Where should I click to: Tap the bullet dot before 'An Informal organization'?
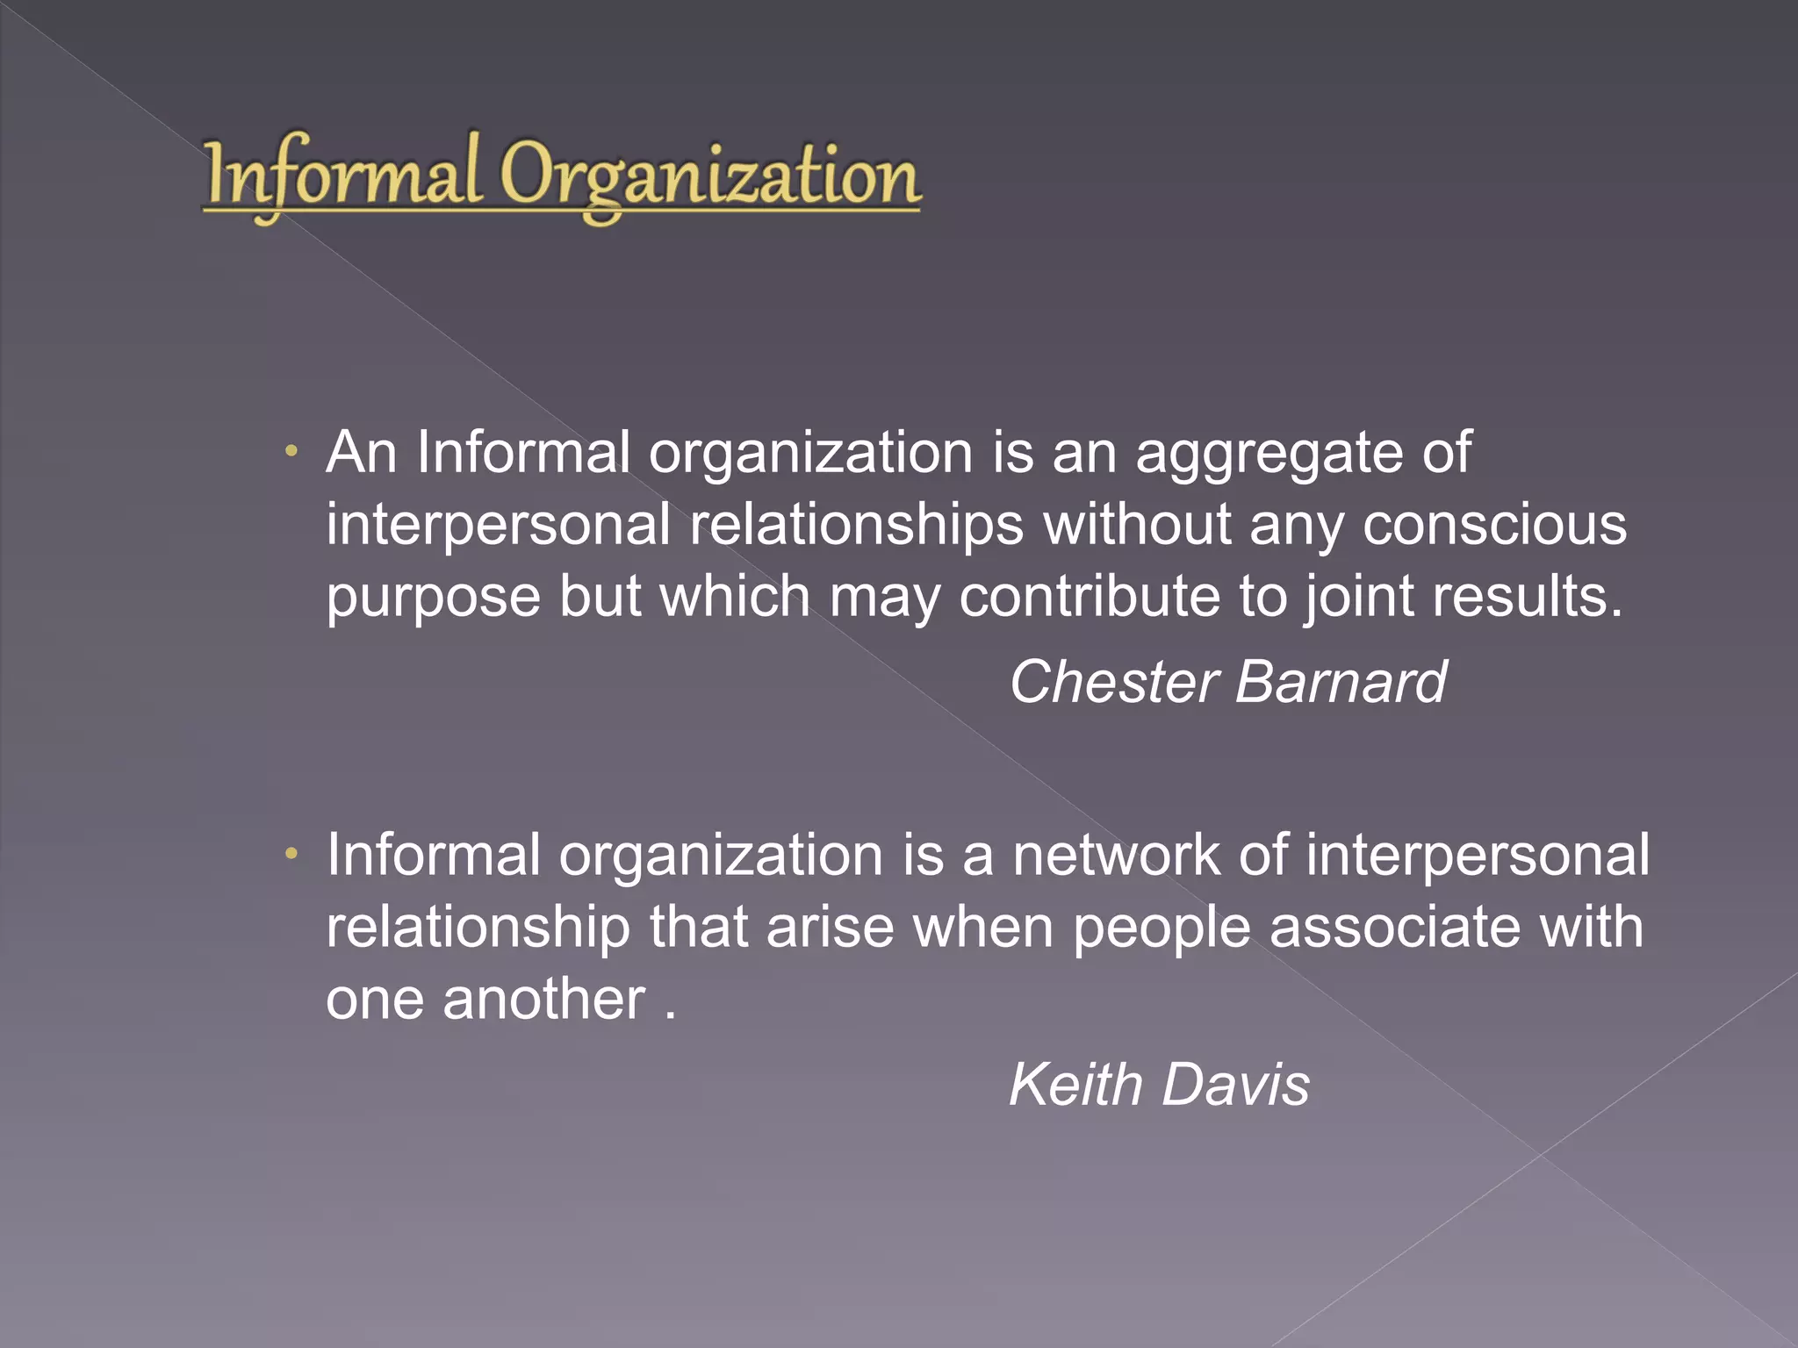coord(292,453)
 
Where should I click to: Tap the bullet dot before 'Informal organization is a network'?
coord(292,854)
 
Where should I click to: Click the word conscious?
coord(1494,525)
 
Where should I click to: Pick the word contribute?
coord(1089,597)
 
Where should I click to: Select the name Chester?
coord(1113,682)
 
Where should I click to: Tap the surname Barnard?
coord(1341,682)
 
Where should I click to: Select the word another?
coord(543,999)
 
